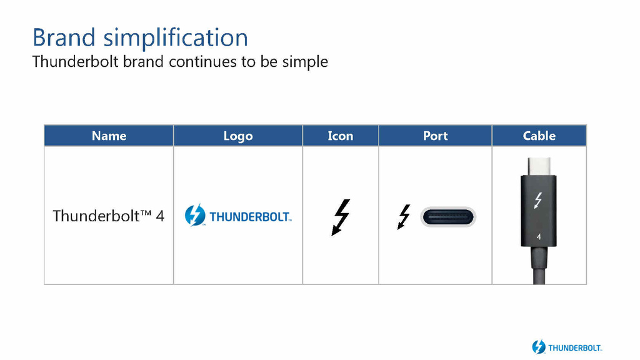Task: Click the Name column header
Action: [109, 136]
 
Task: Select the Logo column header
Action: [238, 136]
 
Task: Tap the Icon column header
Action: [341, 136]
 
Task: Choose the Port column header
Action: [435, 136]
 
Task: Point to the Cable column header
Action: [539, 136]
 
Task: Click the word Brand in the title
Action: [64, 37]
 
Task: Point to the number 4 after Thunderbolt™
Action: [160, 216]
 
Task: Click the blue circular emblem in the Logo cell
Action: [195, 215]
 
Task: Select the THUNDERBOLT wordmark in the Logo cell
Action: [250, 217]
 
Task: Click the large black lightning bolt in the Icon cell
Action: [341, 217]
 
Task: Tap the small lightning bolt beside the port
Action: [404, 217]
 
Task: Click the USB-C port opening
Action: [447, 217]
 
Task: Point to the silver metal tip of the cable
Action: [539, 166]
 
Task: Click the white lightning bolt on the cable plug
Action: [538, 201]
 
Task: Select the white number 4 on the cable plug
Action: [539, 237]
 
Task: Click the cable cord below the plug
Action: [539, 265]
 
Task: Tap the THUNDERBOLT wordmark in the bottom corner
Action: [575, 347]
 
